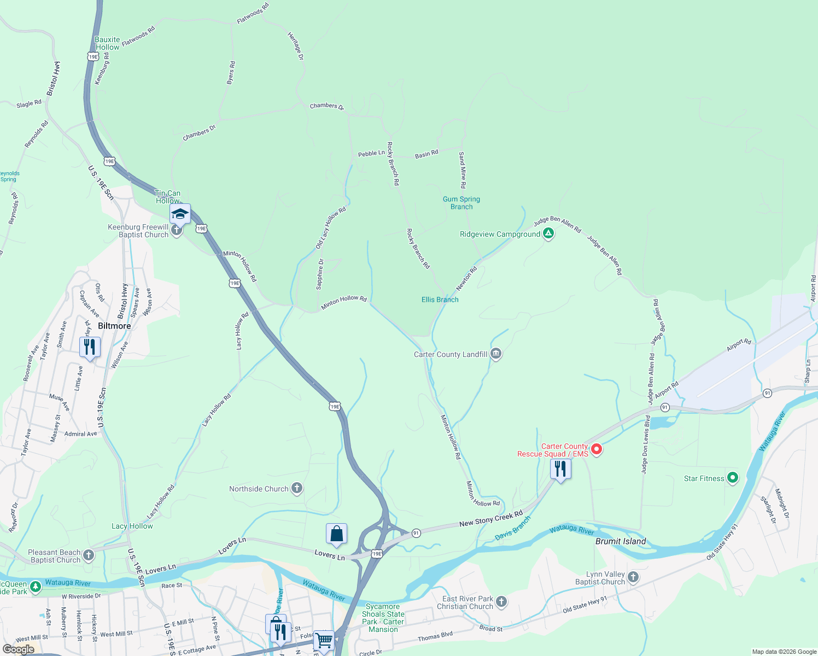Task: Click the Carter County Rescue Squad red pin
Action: point(597,450)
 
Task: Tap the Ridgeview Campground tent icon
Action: point(548,234)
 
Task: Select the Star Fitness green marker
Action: point(733,478)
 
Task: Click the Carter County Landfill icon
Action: point(496,354)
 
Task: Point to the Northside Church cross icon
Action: point(297,488)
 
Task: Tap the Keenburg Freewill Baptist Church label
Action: point(138,231)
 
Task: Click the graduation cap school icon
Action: point(180,214)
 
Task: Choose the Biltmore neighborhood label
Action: point(114,326)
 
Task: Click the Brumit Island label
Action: point(621,541)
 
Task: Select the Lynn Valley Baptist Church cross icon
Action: point(633,577)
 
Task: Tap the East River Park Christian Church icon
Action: point(501,602)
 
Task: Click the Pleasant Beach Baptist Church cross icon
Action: point(89,555)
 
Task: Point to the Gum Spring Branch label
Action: point(461,203)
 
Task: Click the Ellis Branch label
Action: point(440,300)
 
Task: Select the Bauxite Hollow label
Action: point(107,43)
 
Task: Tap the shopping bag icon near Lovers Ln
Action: point(336,534)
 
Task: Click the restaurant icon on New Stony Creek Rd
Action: point(560,469)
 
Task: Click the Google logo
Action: point(18,649)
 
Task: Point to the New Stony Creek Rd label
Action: point(491,519)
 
